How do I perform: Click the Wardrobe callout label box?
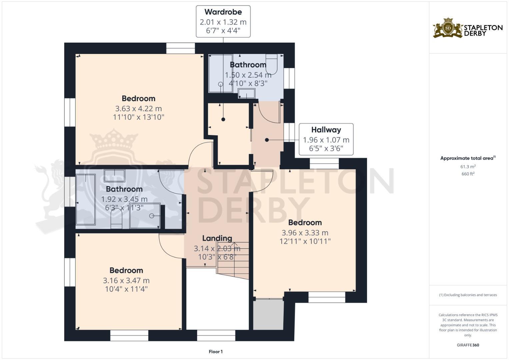[x=223, y=21]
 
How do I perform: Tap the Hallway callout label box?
[x=326, y=139]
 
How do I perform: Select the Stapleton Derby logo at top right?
[x=468, y=28]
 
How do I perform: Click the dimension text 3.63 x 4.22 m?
[x=138, y=109]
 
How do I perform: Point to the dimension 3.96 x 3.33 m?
[x=305, y=233]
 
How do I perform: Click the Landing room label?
[x=217, y=238]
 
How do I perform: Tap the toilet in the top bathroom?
[x=272, y=64]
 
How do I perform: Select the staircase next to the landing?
[x=233, y=260]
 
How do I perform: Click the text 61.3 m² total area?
[x=468, y=166]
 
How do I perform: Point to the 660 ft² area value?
[x=468, y=174]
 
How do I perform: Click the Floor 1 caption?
[x=216, y=352]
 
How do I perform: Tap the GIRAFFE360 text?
[x=468, y=345]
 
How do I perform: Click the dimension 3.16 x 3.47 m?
[x=126, y=281]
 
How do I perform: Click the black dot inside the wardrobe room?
[x=223, y=119]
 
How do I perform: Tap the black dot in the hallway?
[x=267, y=140]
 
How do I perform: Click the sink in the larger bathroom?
[x=115, y=175]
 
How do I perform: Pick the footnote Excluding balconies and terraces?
[x=468, y=295]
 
